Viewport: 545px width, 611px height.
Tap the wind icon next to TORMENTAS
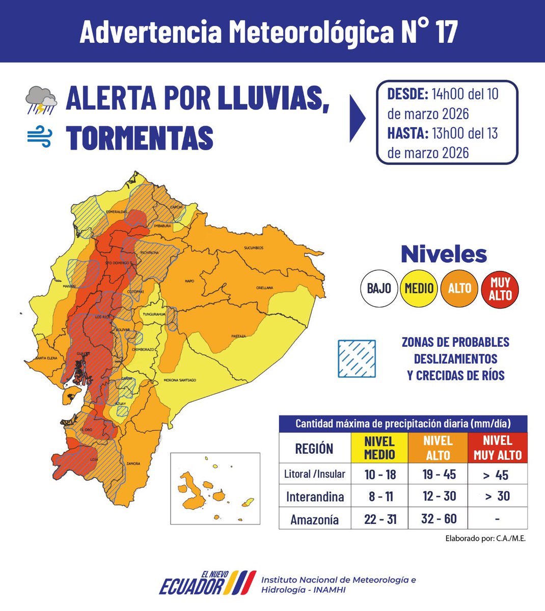pyautogui.click(x=40, y=137)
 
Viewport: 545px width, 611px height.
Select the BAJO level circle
pyautogui.click(x=379, y=289)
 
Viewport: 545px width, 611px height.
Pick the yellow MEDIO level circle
pyautogui.click(x=419, y=289)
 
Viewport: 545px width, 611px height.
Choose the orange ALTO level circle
pyautogui.click(x=459, y=289)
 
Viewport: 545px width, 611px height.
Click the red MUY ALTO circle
pyautogui.click(x=500, y=289)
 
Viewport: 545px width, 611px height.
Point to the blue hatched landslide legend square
pyautogui.click(x=357, y=359)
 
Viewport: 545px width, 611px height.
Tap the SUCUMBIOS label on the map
pyautogui.click(x=253, y=248)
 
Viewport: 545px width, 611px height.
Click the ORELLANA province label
pyautogui.click(x=264, y=288)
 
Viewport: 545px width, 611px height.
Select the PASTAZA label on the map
pyautogui.click(x=238, y=336)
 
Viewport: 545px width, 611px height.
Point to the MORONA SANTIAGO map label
pyautogui.click(x=180, y=380)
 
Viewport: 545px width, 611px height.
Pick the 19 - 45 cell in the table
pyautogui.click(x=439, y=475)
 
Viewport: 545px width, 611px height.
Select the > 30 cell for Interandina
pyautogui.click(x=497, y=496)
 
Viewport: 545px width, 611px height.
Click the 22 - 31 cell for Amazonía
pyautogui.click(x=380, y=519)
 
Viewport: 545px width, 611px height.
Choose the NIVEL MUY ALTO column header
pyautogui.click(x=498, y=448)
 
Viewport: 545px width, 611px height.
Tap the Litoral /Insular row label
pyautogui.click(x=314, y=475)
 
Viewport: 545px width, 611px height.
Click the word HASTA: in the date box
pyautogui.click(x=407, y=133)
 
